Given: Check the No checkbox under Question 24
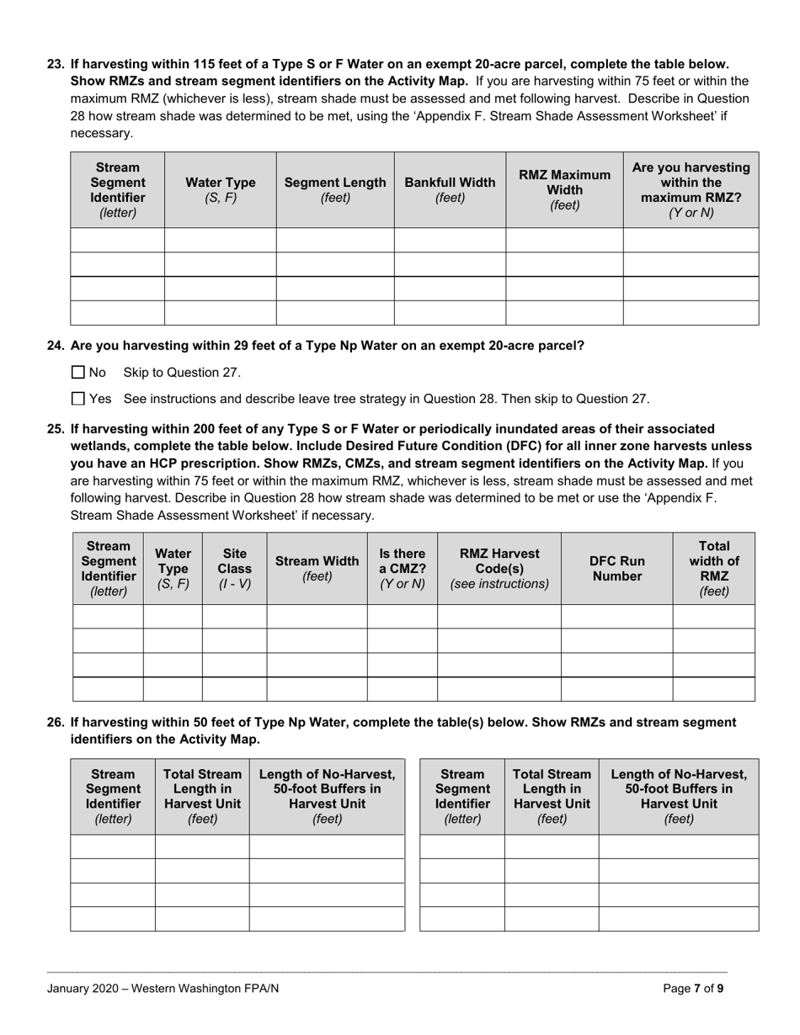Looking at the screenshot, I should pos(78,372).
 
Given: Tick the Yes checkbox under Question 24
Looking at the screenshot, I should pos(78,399).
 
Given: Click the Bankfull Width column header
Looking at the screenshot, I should pos(450,190).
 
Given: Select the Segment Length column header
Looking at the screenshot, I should pos(335,190).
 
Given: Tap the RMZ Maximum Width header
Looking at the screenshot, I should pos(564,190).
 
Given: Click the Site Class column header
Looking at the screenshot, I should pos(234,569).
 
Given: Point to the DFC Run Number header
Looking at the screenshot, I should pos(616,569).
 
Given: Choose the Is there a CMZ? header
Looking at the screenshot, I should pos(402,569).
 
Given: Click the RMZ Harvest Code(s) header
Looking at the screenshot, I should pos(499,569).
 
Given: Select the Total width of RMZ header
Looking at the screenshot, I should pos(713,569).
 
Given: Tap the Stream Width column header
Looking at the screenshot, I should pos(317,569).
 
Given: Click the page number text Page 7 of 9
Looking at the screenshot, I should pos(692,989).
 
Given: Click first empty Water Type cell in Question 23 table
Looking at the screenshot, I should pos(220,240).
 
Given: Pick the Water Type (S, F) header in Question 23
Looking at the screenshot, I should pos(220,190).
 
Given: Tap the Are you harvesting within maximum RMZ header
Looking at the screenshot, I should pos(691,190).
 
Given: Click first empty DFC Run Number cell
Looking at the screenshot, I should pos(616,617).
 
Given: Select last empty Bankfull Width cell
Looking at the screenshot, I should pos(450,312).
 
